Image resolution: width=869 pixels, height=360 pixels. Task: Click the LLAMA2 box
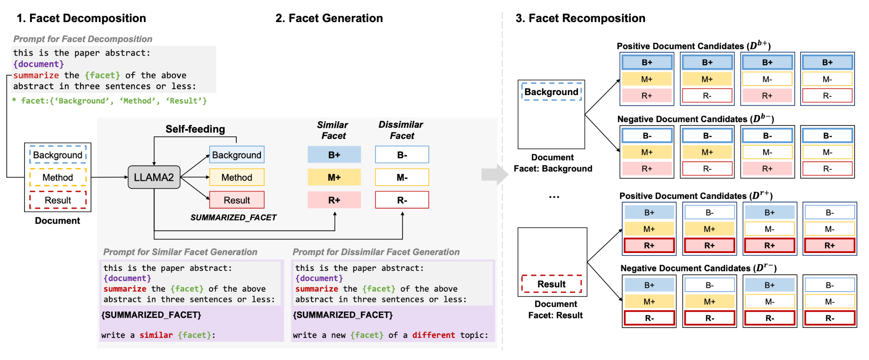(x=154, y=177)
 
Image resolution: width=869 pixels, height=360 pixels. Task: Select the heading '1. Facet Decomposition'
(x=81, y=18)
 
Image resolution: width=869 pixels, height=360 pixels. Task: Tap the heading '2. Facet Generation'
(x=329, y=18)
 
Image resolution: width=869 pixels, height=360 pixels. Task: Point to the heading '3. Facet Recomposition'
(x=580, y=18)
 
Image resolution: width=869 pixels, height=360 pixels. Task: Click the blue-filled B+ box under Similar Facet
(x=334, y=155)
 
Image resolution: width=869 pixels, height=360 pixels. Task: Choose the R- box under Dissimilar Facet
(x=402, y=200)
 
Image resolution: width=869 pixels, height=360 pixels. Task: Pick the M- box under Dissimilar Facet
(x=402, y=177)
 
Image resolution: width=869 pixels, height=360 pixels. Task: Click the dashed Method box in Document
(x=58, y=177)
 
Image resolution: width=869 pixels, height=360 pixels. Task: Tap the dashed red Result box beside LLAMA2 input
(x=58, y=200)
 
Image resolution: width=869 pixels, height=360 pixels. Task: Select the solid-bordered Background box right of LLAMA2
(x=237, y=155)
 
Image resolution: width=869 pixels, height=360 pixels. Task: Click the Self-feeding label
(x=195, y=129)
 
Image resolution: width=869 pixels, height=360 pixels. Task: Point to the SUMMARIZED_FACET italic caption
(x=233, y=217)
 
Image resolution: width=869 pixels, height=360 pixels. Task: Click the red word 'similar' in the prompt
(x=156, y=335)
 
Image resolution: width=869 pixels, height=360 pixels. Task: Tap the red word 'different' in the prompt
(x=434, y=335)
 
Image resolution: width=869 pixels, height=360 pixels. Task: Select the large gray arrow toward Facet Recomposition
(x=495, y=174)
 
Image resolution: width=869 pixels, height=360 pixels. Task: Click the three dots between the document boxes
(x=554, y=197)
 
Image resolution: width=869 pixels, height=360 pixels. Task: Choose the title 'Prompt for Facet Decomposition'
(x=83, y=39)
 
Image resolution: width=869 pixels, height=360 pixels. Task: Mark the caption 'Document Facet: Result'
(x=555, y=309)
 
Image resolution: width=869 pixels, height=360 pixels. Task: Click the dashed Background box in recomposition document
(x=552, y=92)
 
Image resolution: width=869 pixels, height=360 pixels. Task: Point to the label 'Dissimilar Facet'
(x=401, y=130)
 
